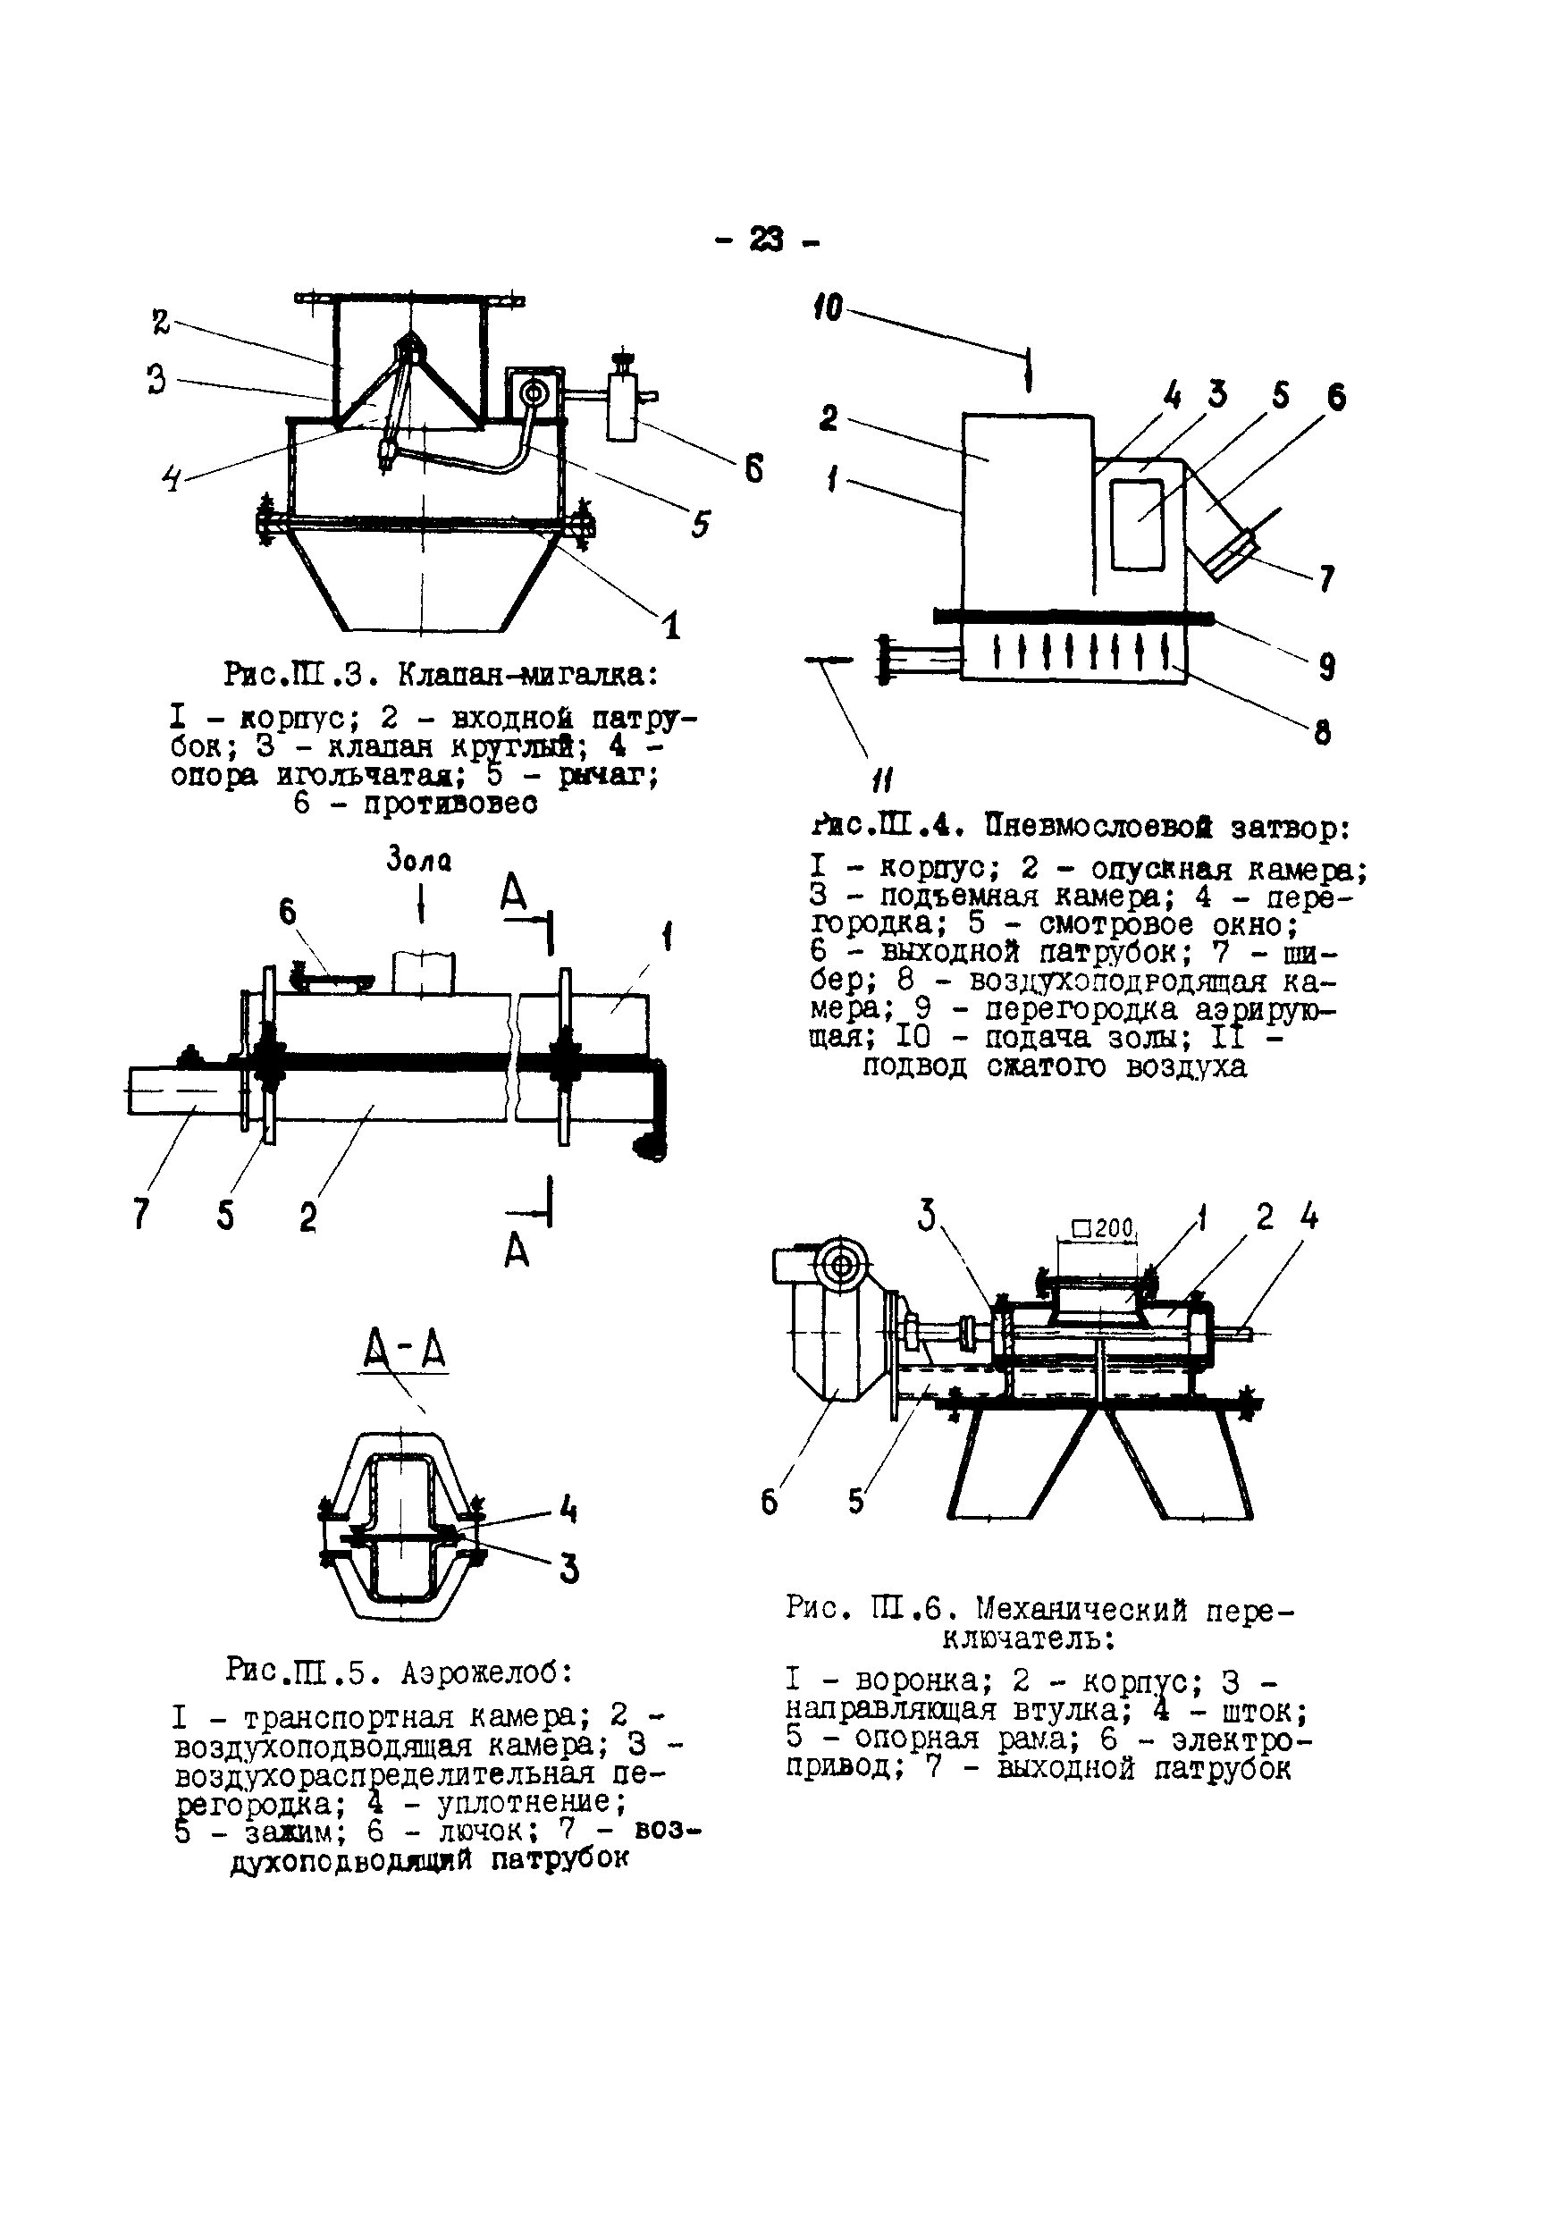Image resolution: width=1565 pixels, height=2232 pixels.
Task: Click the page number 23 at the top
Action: click(766, 240)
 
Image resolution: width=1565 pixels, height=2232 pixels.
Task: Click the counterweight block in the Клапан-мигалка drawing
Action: click(622, 408)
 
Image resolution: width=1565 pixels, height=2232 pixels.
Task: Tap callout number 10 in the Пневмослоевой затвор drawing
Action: click(828, 310)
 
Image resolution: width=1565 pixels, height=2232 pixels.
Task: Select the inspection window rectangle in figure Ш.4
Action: click(1137, 523)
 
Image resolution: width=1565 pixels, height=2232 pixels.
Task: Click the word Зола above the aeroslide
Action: click(419, 860)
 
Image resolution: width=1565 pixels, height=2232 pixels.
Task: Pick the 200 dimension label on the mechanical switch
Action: click(1103, 1229)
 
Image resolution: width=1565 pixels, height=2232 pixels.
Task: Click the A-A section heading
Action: click(404, 1351)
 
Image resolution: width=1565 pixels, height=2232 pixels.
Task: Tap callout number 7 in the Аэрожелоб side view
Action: click(141, 1213)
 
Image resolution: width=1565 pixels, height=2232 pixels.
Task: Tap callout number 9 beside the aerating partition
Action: click(1327, 666)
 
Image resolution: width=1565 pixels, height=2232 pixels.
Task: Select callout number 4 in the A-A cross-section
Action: click(568, 1509)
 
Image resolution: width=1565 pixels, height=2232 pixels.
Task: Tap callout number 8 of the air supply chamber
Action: click(1322, 732)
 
